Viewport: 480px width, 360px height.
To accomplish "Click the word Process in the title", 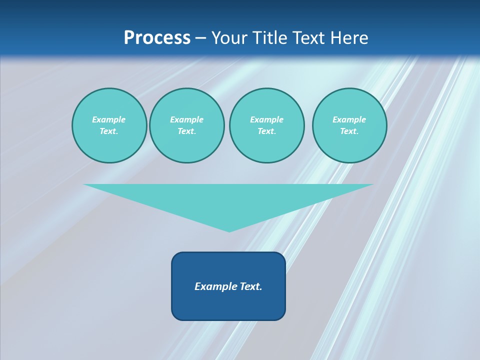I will (157, 38).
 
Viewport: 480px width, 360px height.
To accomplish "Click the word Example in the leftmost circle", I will (109, 119).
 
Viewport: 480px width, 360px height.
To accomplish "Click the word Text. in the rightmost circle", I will (349, 131).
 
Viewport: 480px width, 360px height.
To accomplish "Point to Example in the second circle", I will (186, 119).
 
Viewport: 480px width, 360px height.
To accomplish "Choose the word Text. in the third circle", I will (266, 131).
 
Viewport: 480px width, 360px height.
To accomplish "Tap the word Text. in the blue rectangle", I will (251, 286).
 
